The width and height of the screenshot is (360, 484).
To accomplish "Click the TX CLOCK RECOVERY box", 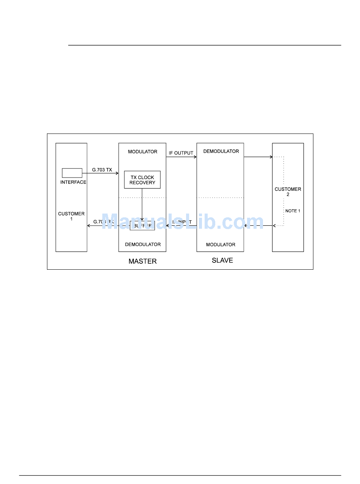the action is pyautogui.click(x=142, y=180).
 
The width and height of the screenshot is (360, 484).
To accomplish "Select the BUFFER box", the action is pyautogui.click(x=142, y=226).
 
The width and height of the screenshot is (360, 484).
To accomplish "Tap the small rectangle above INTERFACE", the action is pyautogui.click(x=72, y=173).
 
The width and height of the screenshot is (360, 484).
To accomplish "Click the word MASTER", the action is pyautogui.click(x=142, y=261).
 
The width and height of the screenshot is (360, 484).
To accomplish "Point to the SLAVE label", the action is pyautogui.click(x=222, y=261).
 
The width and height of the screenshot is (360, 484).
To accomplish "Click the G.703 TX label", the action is pyautogui.click(x=102, y=170).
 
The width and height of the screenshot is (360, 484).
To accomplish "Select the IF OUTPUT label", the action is pyautogui.click(x=181, y=153).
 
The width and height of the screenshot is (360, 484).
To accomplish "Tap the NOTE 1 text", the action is pyautogui.click(x=293, y=211).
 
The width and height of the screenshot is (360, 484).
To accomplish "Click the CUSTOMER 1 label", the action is pyautogui.click(x=71, y=216).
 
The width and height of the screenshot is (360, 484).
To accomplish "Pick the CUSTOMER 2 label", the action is pyautogui.click(x=288, y=192).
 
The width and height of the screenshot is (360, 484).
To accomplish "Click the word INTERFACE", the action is pyautogui.click(x=73, y=182).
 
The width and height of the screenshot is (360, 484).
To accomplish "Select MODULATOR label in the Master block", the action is pyautogui.click(x=142, y=152).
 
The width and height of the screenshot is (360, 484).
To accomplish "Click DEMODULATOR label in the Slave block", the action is pyautogui.click(x=221, y=151).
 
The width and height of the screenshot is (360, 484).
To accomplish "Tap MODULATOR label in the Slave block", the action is pyautogui.click(x=221, y=245).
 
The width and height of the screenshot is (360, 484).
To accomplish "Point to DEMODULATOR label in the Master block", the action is pyautogui.click(x=143, y=245).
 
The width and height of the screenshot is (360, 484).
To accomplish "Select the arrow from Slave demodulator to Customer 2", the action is pyautogui.click(x=258, y=157).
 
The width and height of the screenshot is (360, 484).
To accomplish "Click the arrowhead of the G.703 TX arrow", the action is pyautogui.click(x=117, y=173).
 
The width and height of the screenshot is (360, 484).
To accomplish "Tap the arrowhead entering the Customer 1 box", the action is pyautogui.click(x=89, y=226).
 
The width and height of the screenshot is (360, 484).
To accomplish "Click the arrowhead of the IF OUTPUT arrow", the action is pyautogui.click(x=195, y=157).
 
